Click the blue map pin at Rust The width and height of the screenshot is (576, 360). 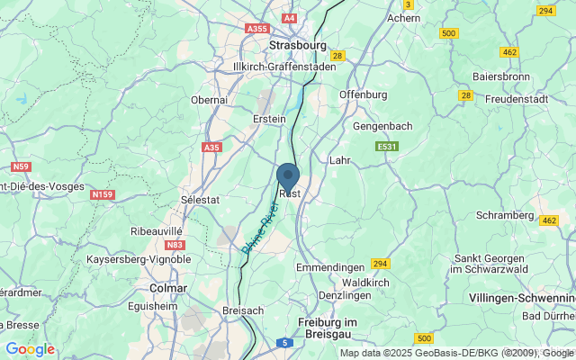click(x=288, y=176)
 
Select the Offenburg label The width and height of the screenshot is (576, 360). click(x=363, y=94)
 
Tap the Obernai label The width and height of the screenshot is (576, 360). click(x=210, y=100)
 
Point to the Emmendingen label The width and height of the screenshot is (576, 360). click(x=330, y=267)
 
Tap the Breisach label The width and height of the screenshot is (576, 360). click(x=243, y=310)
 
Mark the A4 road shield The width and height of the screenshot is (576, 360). click(x=289, y=17)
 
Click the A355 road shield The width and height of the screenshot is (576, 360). click(x=256, y=29)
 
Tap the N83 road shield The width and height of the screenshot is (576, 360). click(x=175, y=244)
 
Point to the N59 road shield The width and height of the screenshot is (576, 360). click(x=20, y=166)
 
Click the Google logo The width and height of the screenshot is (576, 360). click(x=30, y=349)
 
